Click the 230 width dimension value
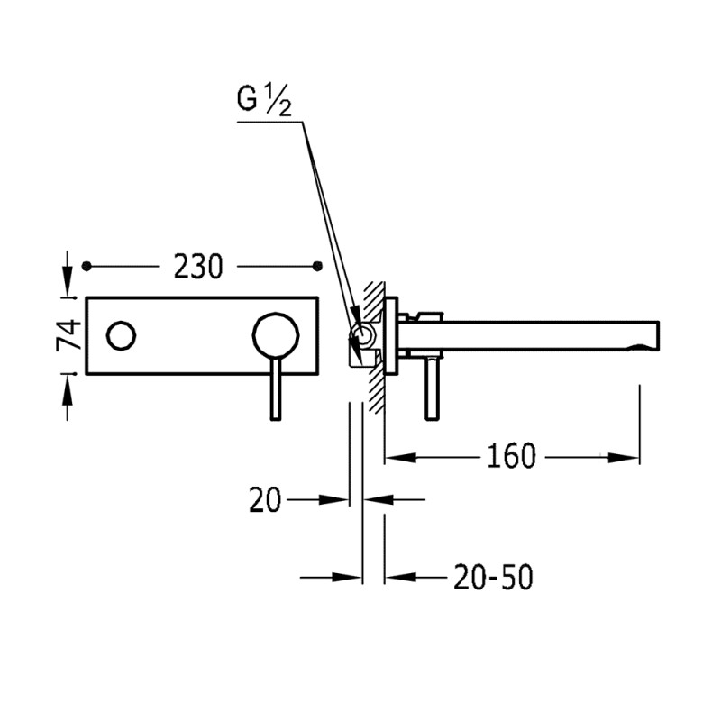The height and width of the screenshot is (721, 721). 197,267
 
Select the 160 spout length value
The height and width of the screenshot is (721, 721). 511,457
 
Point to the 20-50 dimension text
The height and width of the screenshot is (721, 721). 494,577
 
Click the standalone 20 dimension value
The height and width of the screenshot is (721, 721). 266,498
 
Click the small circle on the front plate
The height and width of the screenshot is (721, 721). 121,337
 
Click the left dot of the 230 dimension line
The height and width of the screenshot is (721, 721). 87,267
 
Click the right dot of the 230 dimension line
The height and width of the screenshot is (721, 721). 316,267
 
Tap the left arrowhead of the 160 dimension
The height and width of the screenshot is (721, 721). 397,458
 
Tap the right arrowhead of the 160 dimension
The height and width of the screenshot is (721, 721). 630,458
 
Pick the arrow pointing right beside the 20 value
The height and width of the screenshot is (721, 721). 336,498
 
